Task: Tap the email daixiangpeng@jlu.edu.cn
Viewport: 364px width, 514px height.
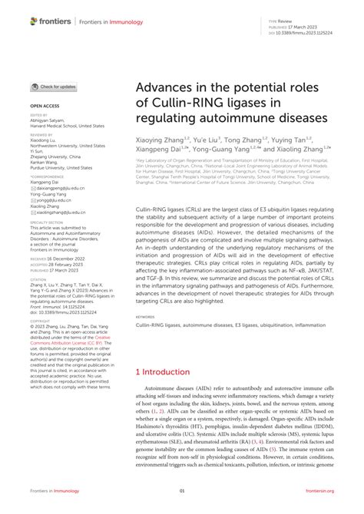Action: [61, 188]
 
